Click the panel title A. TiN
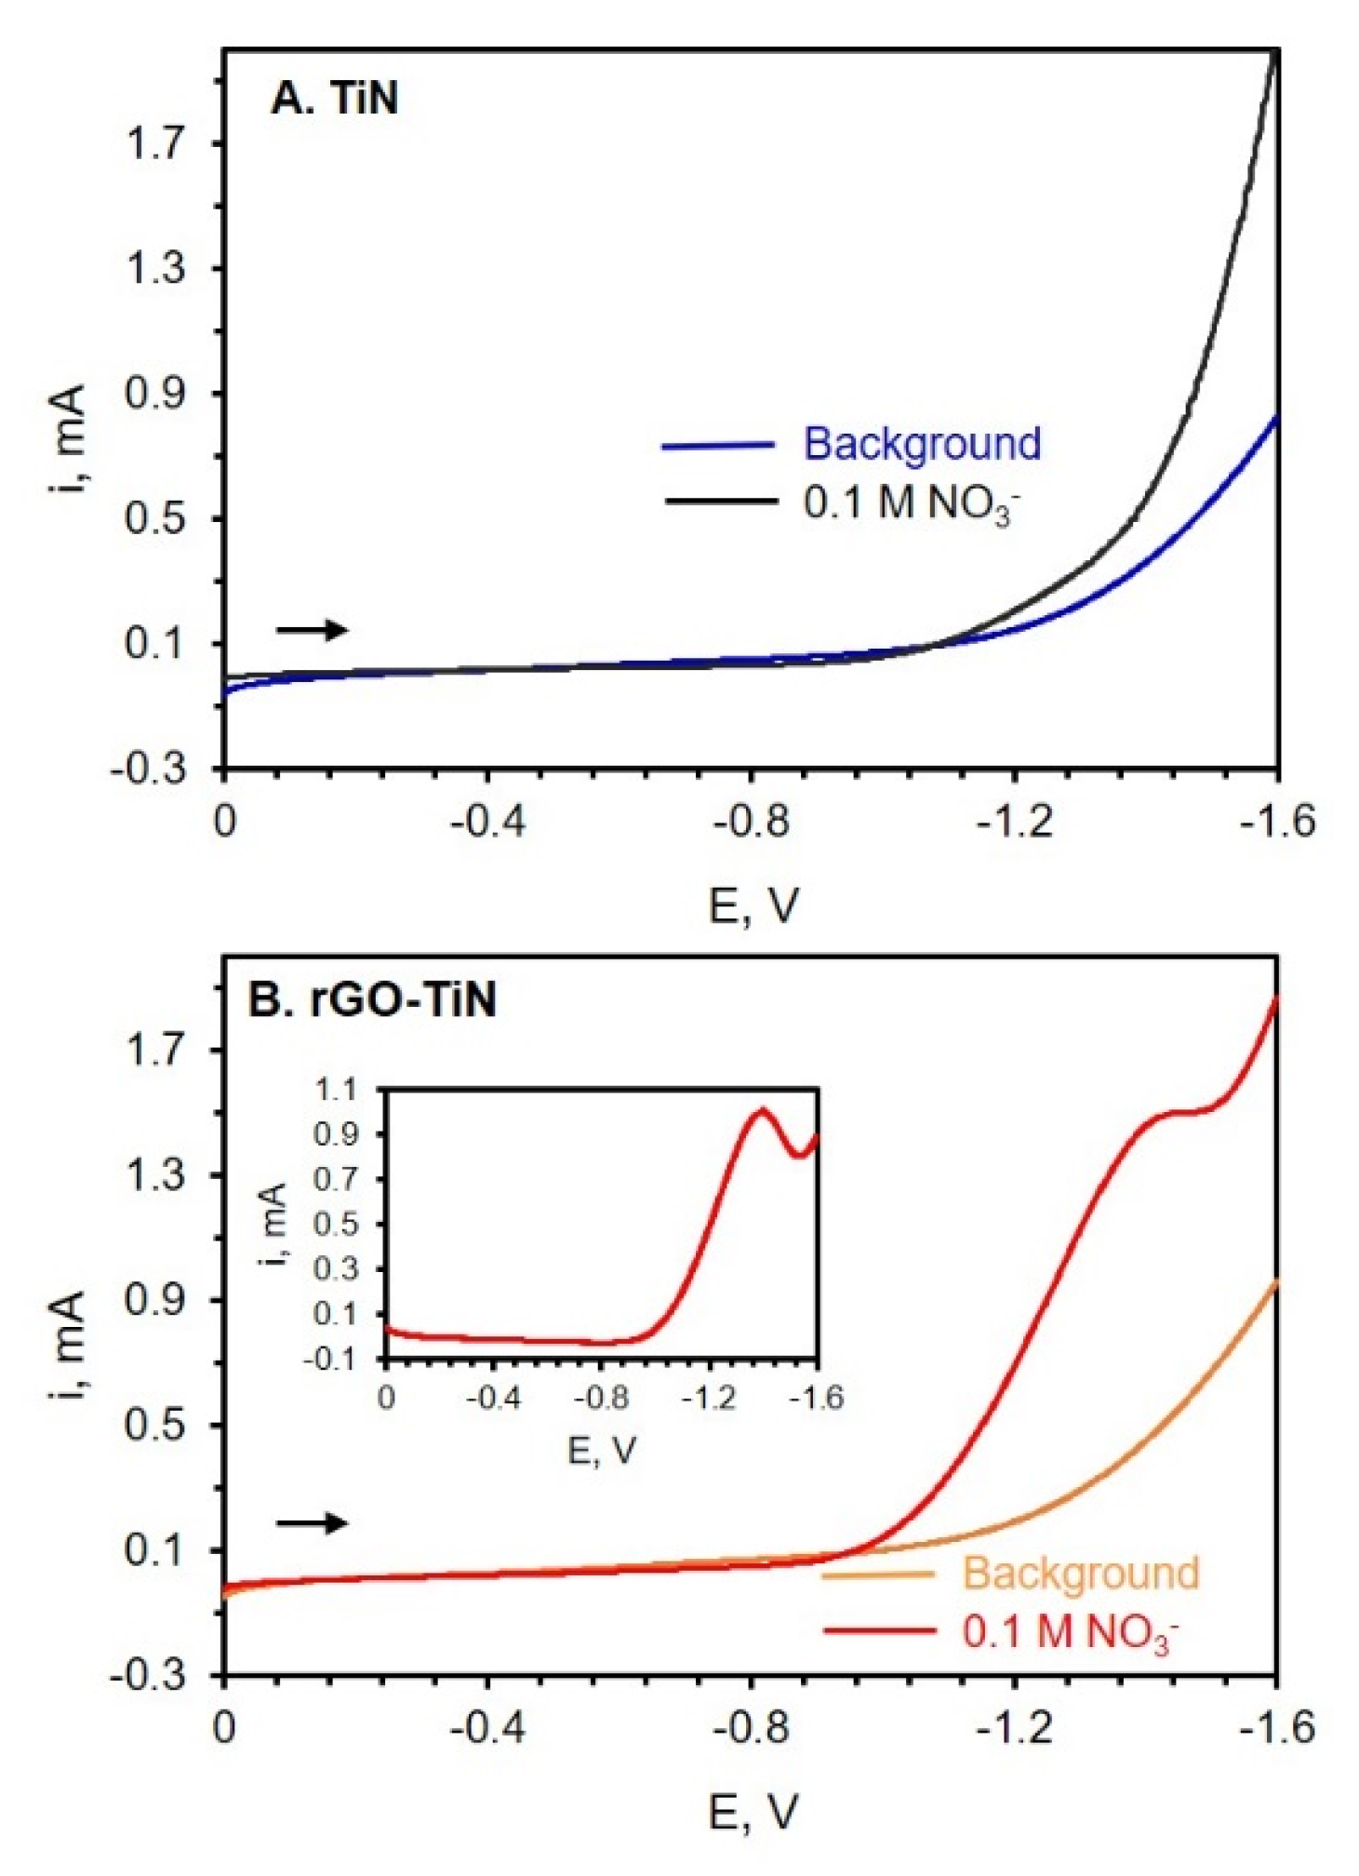click(335, 99)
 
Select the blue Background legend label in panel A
click(921, 444)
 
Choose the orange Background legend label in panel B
click(1080, 1573)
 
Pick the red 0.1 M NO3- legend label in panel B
click(1070, 1632)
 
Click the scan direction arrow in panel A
click(312, 630)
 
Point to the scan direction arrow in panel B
click(312, 1523)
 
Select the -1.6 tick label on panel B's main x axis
click(1277, 1728)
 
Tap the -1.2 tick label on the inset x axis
click(709, 1398)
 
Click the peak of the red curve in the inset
click(763, 1109)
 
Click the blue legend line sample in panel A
click(718, 446)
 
